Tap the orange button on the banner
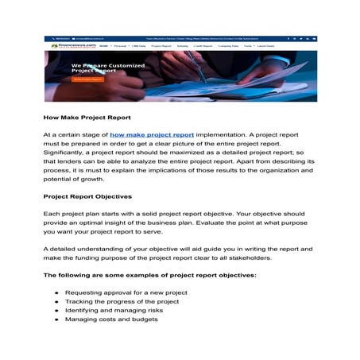coord(87,79)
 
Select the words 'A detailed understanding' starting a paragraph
coord(83,249)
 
